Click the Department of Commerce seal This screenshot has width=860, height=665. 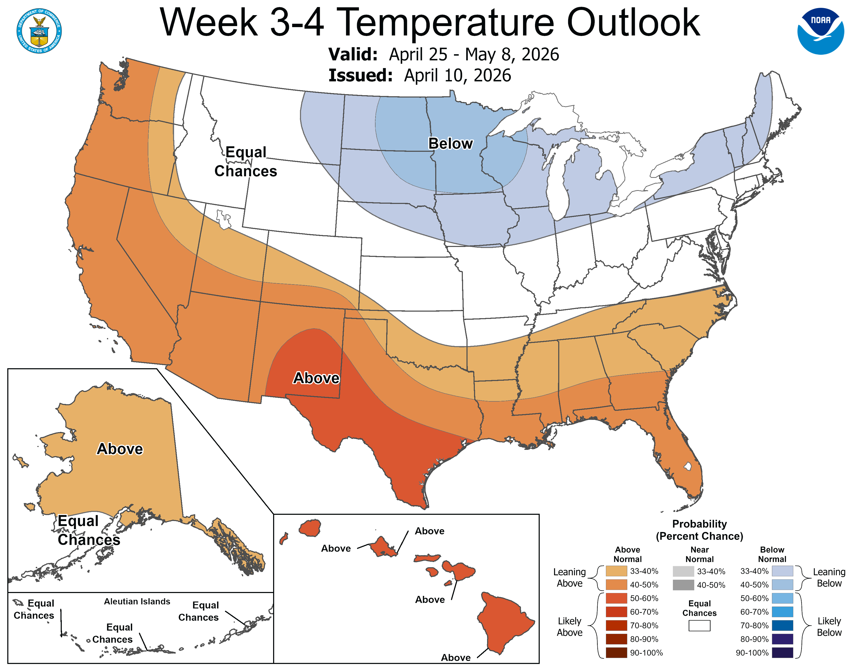(39, 31)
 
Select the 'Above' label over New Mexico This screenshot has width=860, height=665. (316, 378)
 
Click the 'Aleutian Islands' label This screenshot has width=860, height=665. (137, 601)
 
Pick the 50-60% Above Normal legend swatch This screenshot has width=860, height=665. (616, 598)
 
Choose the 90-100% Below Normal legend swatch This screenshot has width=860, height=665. (782, 652)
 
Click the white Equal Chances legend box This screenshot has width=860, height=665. (699, 626)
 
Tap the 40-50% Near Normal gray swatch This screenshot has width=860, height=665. (683, 585)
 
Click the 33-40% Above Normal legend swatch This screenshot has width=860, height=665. (616, 571)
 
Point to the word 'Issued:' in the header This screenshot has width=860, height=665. (360, 75)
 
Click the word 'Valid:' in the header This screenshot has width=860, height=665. (353, 54)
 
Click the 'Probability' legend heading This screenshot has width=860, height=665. (699, 524)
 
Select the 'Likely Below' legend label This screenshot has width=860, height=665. (829, 626)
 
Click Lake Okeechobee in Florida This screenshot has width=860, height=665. (687, 467)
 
